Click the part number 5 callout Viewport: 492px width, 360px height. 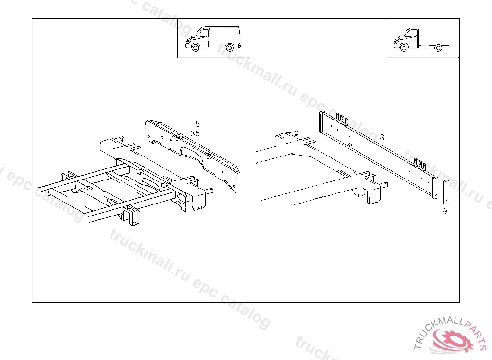point(197,124)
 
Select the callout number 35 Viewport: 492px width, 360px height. point(195,133)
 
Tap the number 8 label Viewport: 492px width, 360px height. point(382,137)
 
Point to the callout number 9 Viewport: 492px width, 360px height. point(444,211)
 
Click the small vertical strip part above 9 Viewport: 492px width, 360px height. point(446,192)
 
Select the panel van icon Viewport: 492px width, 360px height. point(213,39)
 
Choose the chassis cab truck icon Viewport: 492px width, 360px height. point(421,40)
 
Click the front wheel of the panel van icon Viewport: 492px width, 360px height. point(196,48)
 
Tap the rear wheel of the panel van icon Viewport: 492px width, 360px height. point(230,48)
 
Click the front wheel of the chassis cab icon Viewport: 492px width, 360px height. point(404,48)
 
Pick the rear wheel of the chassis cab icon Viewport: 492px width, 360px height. point(438,48)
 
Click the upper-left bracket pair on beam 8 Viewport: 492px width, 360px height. point(342,119)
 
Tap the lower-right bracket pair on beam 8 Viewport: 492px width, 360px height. point(419,164)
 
